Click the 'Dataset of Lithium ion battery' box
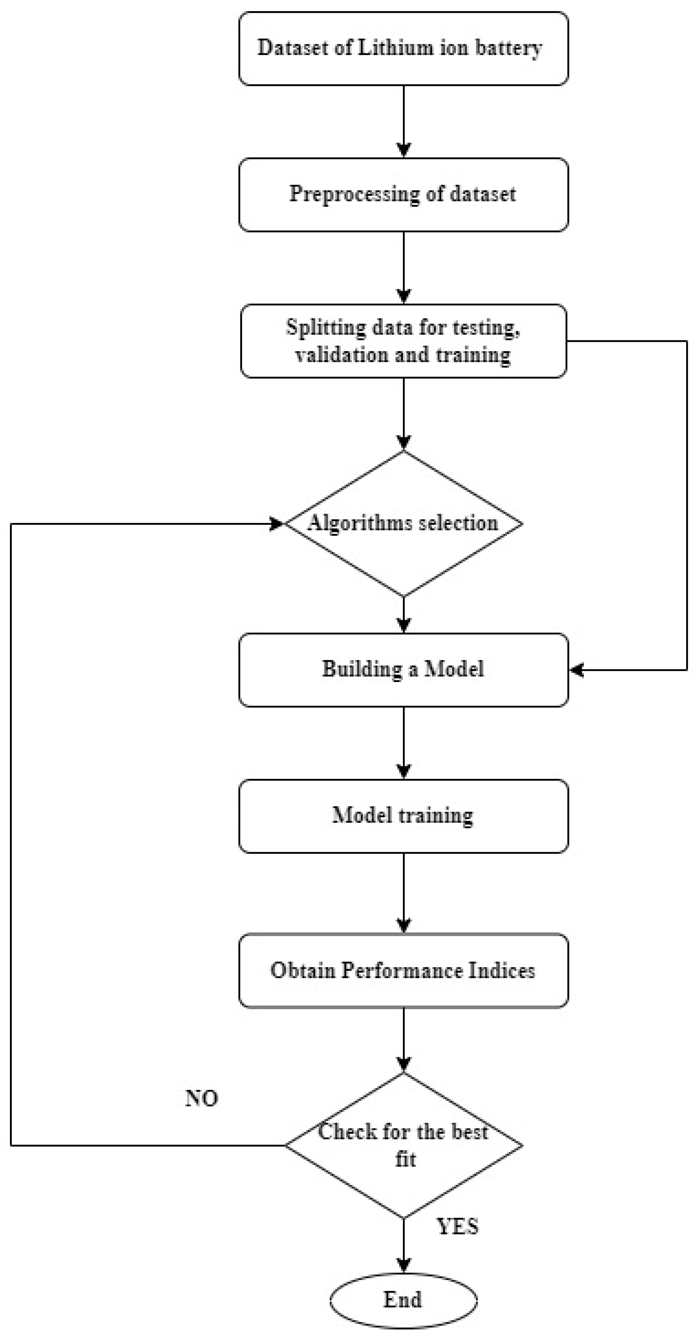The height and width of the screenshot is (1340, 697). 403,48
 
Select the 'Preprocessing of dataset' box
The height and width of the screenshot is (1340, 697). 403,194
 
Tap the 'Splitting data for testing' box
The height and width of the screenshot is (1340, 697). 403,341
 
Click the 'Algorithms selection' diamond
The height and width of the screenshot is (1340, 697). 403,523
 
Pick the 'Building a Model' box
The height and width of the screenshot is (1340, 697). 403,669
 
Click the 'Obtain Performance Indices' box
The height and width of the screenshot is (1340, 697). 403,971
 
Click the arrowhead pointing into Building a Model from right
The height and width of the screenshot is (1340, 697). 576,670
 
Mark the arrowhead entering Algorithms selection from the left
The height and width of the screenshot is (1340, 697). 277,523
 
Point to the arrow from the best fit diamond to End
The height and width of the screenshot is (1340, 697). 404,1246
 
